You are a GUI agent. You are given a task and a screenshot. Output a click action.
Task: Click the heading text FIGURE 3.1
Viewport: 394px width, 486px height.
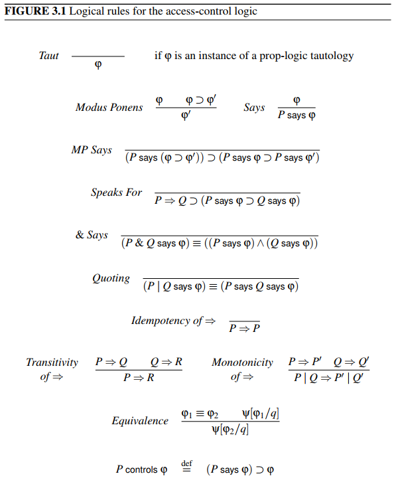tap(33, 11)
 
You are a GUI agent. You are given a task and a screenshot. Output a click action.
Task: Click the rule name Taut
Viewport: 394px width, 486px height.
tap(48, 56)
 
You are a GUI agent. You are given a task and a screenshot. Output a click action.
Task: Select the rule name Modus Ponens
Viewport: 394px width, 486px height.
tap(109, 108)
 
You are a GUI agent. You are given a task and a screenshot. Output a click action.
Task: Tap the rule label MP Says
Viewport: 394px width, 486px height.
tap(92, 150)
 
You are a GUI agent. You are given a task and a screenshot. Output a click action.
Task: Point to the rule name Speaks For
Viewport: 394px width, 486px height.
tap(116, 193)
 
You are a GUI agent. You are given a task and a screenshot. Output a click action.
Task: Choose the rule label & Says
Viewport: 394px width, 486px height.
tap(92, 235)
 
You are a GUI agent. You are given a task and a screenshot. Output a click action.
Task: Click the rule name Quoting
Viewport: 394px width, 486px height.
tap(111, 278)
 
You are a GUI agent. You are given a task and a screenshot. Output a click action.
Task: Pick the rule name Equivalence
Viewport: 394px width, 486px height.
tap(140, 421)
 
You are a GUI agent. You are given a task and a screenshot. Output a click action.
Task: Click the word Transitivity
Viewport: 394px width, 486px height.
tap(52, 363)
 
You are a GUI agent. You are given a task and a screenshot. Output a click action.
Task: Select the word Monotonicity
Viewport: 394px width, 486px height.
tap(242, 363)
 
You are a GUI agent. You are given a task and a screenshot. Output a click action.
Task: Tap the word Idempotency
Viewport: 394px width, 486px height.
tap(161, 321)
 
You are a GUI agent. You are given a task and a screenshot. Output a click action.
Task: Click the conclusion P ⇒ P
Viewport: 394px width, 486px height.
tap(245, 328)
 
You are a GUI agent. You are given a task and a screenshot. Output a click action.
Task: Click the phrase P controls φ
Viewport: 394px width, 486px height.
tap(141, 470)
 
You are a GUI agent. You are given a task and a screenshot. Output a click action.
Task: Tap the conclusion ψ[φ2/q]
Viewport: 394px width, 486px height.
tap(230, 430)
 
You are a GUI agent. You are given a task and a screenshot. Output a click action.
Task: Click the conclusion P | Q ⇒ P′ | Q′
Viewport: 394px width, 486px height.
tap(329, 378)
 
